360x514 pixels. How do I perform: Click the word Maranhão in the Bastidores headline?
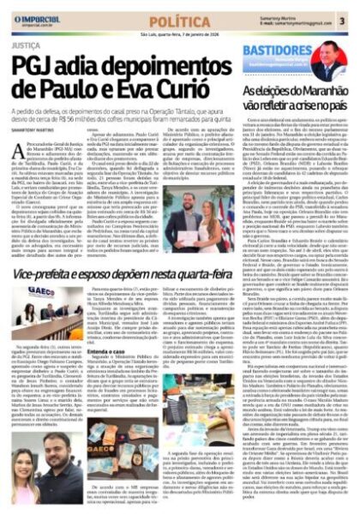[x=320, y=92]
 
